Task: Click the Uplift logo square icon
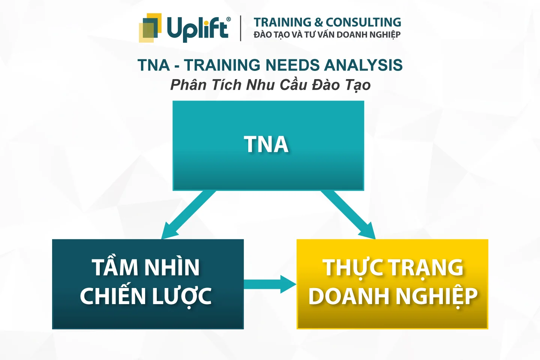point(150,28)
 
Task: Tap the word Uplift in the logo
point(197,29)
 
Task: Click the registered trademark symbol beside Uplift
point(228,19)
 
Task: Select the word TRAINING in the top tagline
point(282,22)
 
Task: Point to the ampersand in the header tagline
point(318,22)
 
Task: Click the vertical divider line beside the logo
point(241,28)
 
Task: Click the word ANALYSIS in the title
point(363,65)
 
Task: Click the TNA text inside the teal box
point(266,144)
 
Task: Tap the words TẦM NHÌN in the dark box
point(146,267)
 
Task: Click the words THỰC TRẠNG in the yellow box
point(393,268)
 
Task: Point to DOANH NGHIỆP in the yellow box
point(393,296)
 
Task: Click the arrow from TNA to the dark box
point(188,215)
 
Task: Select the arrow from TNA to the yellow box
point(348,215)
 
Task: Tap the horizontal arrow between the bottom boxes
point(270,285)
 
